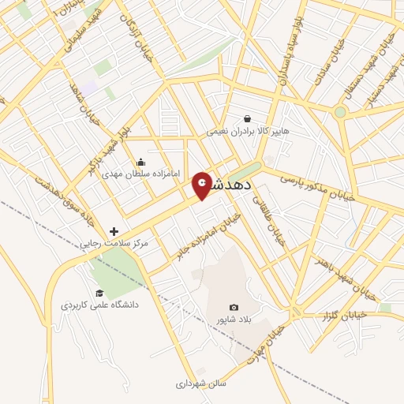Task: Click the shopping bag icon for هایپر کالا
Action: point(247,119)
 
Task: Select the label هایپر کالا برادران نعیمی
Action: point(232,133)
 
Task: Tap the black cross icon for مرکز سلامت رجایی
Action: point(114,231)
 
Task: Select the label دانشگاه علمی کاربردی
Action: point(99,304)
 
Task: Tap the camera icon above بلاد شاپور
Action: point(234,307)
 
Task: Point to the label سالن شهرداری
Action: point(200,383)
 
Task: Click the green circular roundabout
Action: point(340,112)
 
